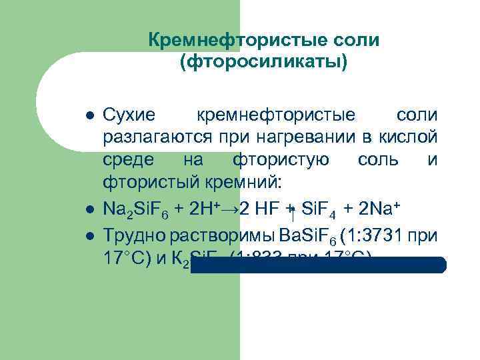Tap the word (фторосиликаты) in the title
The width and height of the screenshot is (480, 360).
point(263,63)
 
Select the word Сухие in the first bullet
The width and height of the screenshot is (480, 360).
point(129,115)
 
